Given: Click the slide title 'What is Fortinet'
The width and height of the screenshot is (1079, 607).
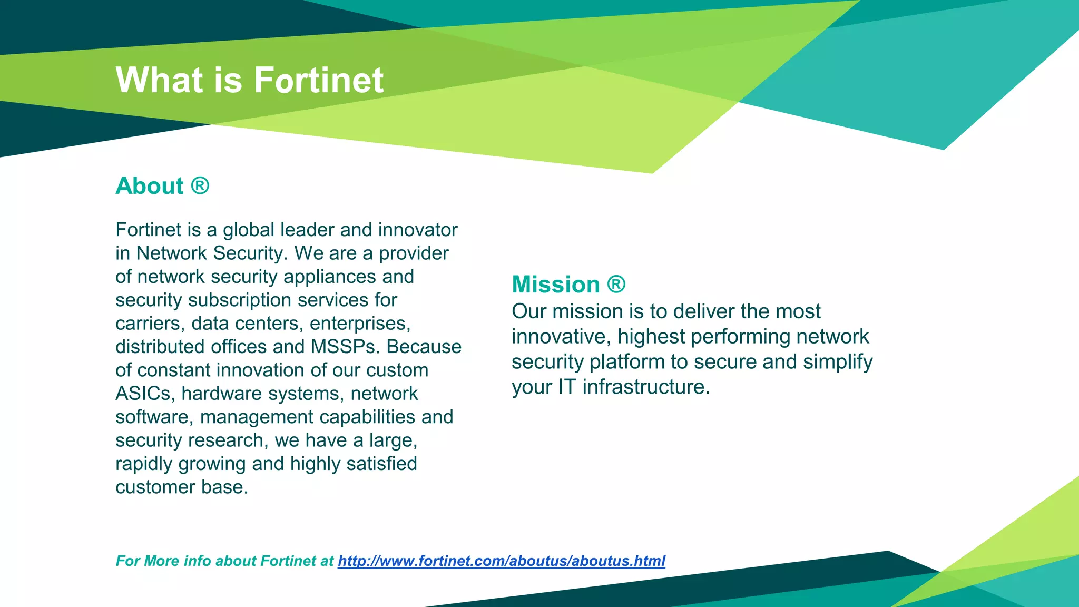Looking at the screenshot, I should point(249,80).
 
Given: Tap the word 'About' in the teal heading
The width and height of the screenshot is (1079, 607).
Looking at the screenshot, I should point(150,186).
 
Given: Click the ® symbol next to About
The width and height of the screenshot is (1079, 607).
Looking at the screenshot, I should point(200,185).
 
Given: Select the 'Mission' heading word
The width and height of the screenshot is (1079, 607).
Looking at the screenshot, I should point(556,285).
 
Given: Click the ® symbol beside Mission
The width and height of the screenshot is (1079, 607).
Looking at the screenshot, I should point(616,285).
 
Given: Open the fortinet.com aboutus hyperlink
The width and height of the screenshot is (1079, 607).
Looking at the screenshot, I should point(501,561).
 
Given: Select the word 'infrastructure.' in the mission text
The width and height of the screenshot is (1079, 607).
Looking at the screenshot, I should point(646,387).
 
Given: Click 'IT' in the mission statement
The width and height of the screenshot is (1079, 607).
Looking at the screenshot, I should point(567,387).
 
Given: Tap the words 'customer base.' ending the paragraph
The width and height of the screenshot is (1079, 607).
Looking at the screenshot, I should point(182,487).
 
